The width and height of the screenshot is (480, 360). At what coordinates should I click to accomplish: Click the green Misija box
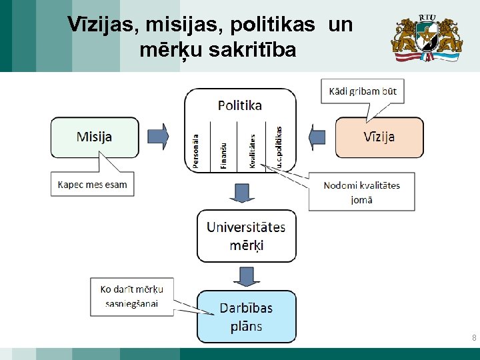[x=95, y=137]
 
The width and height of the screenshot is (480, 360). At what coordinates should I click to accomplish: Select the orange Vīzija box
[x=379, y=137]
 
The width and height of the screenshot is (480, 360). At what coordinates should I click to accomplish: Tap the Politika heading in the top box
[x=240, y=105]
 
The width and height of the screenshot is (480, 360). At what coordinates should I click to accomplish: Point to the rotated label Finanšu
[x=223, y=155]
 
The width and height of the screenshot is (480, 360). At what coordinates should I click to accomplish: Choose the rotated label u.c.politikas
[x=279, y=147]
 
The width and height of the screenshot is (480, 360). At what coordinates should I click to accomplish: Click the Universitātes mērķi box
[x=246, y=236]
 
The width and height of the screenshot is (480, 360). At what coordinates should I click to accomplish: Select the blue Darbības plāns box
[x=246, y=317]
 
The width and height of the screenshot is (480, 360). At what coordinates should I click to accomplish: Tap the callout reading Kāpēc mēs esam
[x=93, y=185]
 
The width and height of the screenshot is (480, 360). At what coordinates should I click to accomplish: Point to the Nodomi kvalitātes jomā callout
[x=361, y=192]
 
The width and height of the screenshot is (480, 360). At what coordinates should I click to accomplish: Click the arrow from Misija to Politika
[x=158, y=137]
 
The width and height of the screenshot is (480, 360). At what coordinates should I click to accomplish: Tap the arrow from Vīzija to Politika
[x=317, y=137]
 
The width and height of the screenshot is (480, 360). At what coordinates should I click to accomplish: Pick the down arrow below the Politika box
[x=239, y=191]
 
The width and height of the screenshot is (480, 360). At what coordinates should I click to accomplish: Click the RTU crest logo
[x=426, y=36]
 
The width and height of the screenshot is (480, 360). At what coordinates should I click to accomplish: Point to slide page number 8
[x=473, y=338]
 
